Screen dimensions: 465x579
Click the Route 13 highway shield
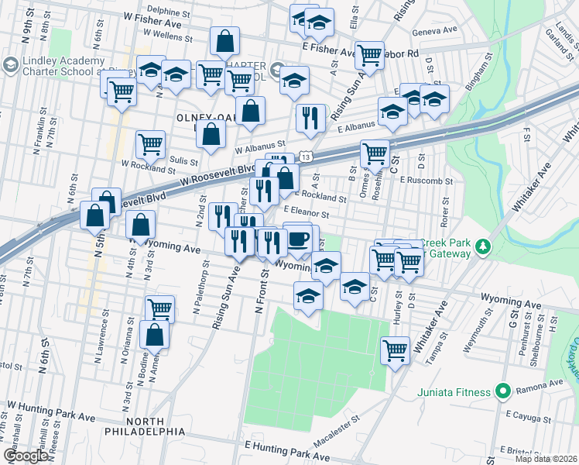pos(307,157)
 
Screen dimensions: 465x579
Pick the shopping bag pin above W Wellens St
pos(224,40)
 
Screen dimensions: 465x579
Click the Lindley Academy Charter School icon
pos(12,62)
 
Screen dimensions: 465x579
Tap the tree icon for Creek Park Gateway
pos(483,246)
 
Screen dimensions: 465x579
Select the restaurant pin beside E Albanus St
pos(310,117)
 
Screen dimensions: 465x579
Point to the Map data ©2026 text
pos(546,459)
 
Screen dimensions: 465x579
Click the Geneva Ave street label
pos(437,32)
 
